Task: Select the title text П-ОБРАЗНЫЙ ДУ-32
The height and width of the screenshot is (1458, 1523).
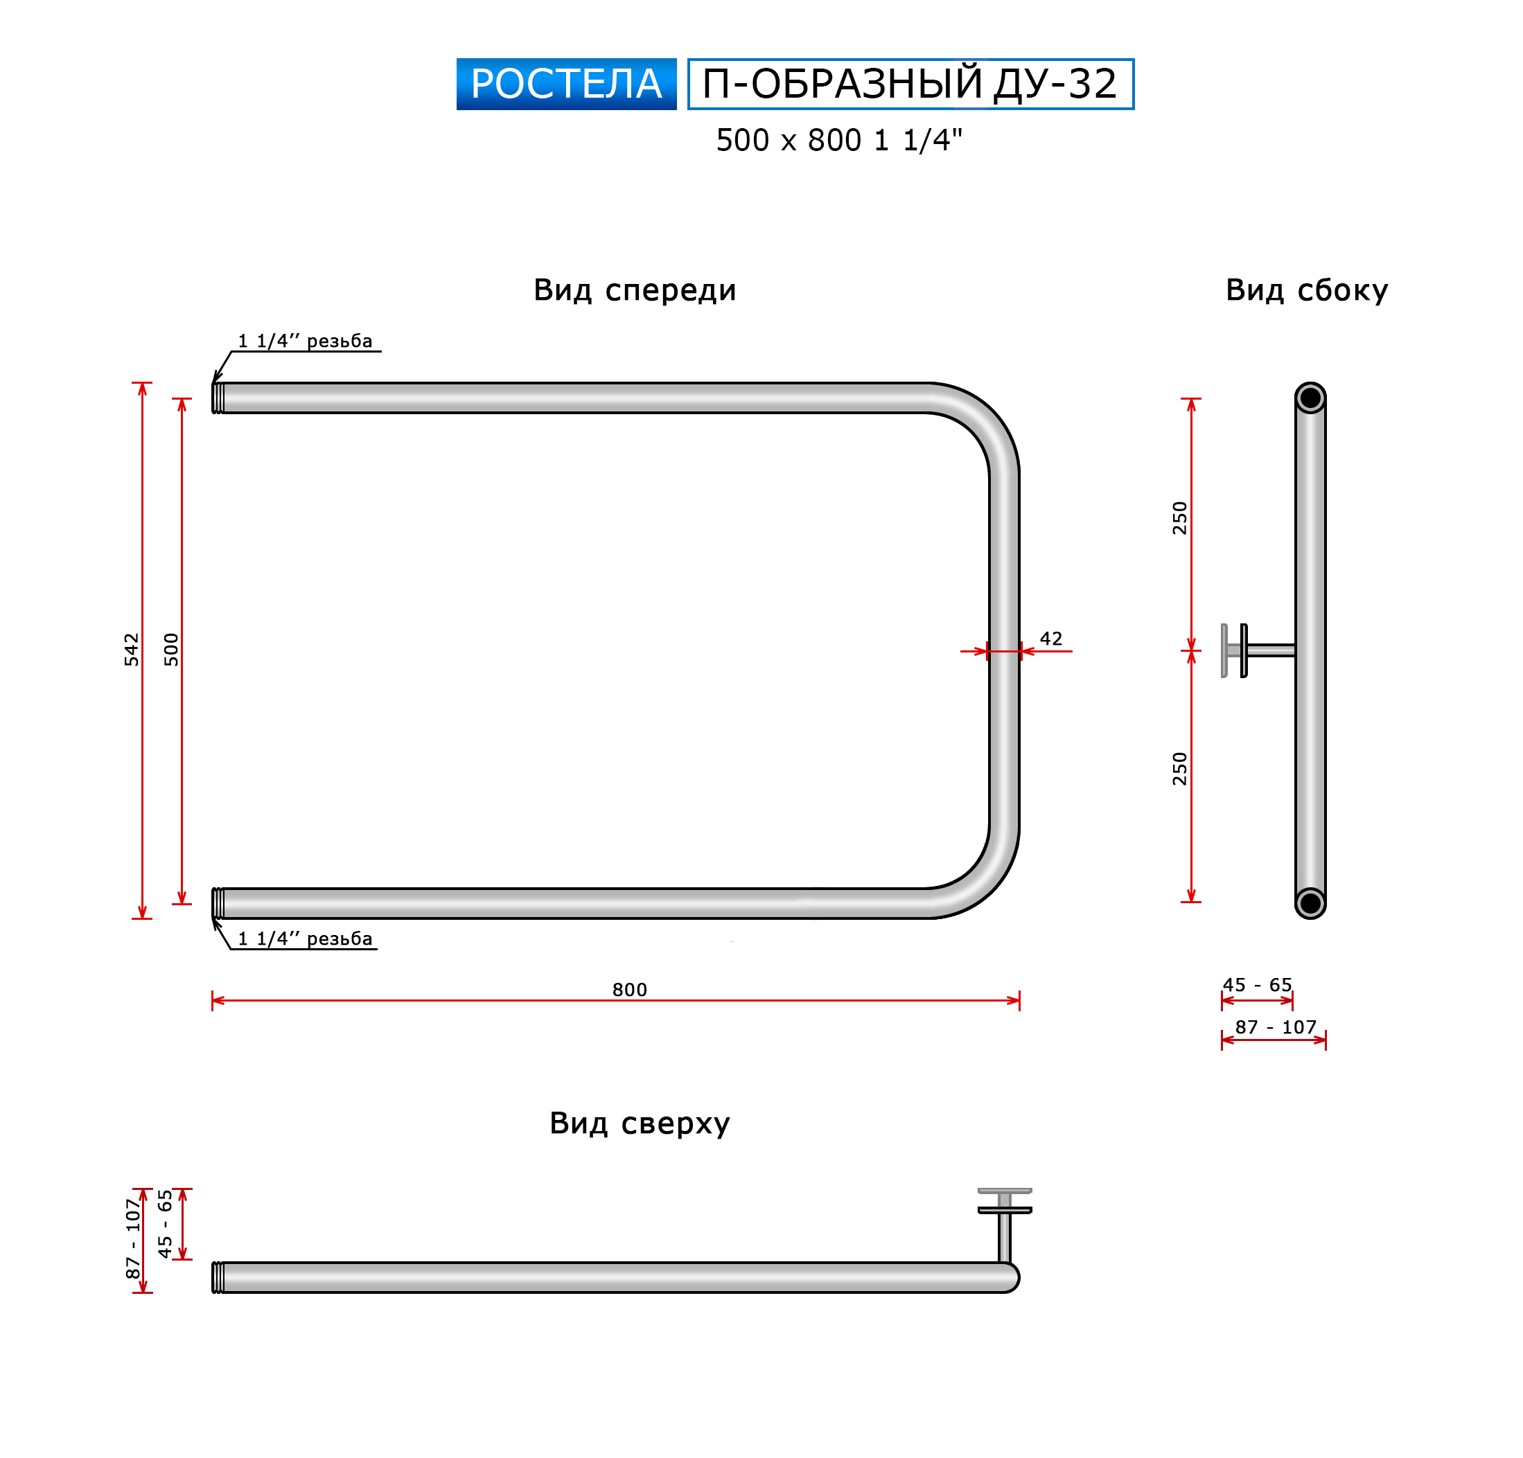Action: [910, 84]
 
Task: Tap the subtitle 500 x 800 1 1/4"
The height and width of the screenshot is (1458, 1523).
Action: [839, 141]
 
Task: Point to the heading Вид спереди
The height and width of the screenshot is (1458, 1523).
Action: [635, 290]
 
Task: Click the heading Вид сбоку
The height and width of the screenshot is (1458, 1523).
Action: [1307, 290]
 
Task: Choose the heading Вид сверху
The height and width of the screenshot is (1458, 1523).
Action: [640, 1124]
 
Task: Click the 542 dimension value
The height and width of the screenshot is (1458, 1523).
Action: [132, 650]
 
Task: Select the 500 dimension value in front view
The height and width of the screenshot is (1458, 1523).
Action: [171, 650]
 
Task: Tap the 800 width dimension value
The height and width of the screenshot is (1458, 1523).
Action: [629, 990]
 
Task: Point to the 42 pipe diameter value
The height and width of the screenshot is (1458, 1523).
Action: [1051, 639]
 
